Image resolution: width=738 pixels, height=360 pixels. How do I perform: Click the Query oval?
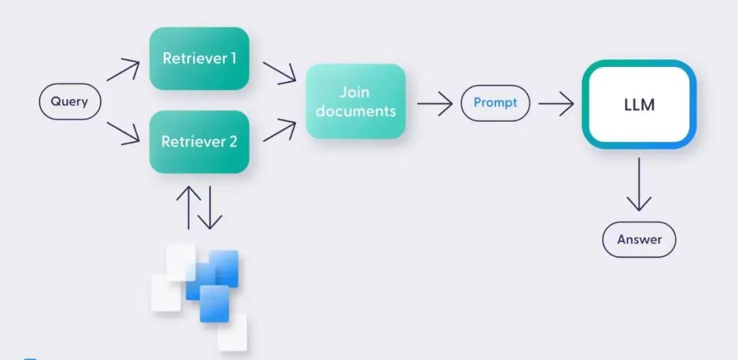(x=70, y=102)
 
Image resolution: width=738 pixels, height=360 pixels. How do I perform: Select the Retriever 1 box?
(x=199, y=59)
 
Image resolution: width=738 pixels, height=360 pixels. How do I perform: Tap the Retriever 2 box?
(x=199, y=142)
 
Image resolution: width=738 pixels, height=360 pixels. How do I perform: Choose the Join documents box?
(x=355, y=101)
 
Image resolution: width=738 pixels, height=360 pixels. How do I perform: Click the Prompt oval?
(x=495, y=103)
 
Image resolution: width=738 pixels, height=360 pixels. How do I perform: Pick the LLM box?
(x=639, y=105)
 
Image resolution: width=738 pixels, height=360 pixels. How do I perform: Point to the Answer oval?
(x=639, y=240)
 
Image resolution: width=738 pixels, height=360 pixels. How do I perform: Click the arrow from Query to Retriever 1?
(x=123, y=70)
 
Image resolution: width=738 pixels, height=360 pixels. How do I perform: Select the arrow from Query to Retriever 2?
(x=123, y=134)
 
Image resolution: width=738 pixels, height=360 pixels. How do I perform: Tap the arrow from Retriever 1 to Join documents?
(x=279, y=72)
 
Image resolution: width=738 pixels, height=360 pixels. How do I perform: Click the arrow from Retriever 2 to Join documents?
(x=279, y=130)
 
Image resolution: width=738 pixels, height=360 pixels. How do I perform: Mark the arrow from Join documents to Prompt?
(x=435, y=104)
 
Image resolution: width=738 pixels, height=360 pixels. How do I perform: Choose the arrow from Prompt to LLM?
(x=556, y=104)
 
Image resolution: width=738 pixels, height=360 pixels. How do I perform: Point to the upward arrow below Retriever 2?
(x=188, y=206)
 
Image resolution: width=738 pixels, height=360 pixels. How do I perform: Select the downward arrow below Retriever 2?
(x=210, y=206)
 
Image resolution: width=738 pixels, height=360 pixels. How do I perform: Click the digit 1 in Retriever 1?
(x=233, y=59)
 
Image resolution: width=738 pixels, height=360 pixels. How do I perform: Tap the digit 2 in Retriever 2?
(x=232, y=142)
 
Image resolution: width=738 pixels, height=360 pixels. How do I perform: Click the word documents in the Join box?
(x=355, y=111)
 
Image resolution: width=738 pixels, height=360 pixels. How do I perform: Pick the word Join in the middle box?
(x=355, y=92)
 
